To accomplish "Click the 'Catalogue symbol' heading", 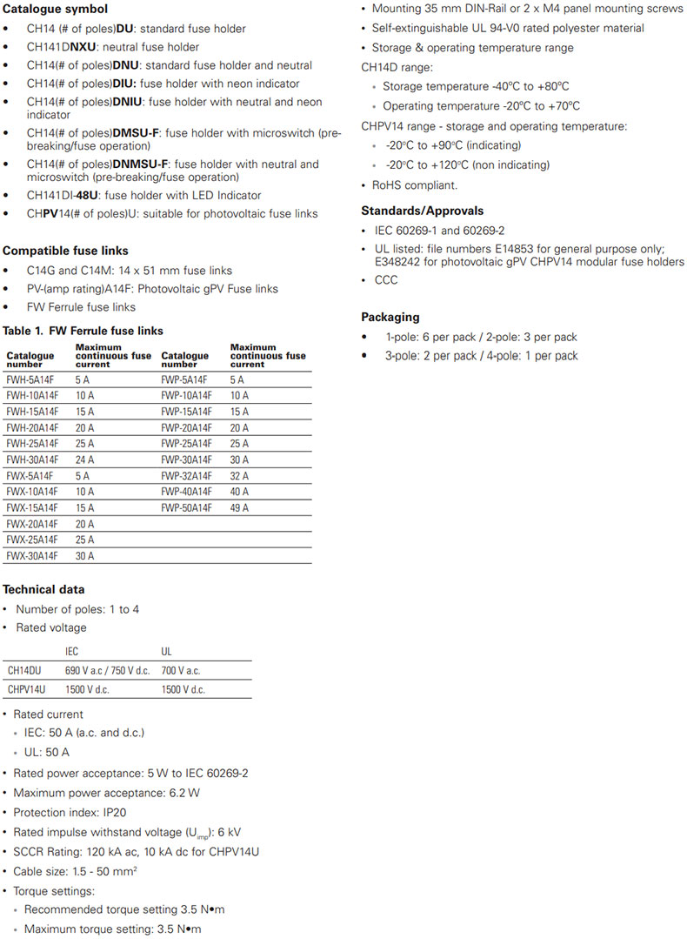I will click(x=55, y=10).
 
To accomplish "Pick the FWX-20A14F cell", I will click(x=32, y=524).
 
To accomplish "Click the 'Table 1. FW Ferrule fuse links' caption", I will click(x=83, y=331).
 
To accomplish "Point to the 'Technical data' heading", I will click(x=43, y=590).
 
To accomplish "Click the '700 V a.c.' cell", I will click(x=181, y=671).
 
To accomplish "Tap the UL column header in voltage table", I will click(x=167, y=651).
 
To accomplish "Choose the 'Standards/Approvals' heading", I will click(x=422, y=211).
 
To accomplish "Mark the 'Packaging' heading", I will click(x=390, y=318).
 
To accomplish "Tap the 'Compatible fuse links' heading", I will click(x=65, y=251).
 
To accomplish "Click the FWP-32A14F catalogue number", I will click(x=186, y=476).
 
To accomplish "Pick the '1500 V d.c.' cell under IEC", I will click(x=91, y=689).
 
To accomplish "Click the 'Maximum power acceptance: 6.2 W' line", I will click(x=106, y=793).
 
